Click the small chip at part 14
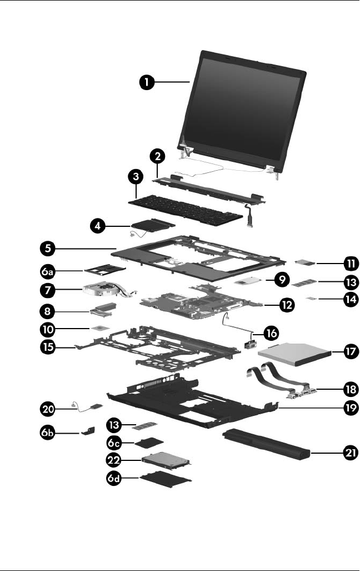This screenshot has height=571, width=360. [316, 299]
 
